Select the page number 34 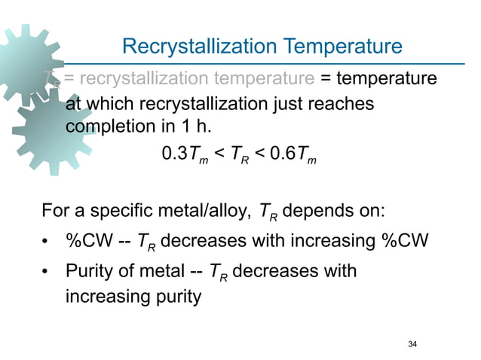412,344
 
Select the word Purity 89,271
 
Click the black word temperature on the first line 385,78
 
